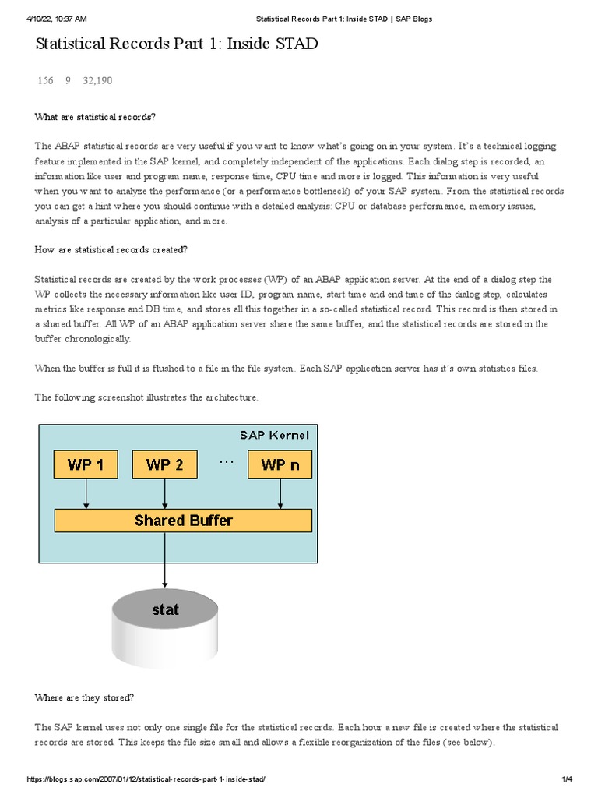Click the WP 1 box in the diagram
pyautogui.click(x=86, y=465)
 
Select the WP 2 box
pyautogui.click(x=164, y=465)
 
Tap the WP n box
pyautogui.click(x=280, y=465)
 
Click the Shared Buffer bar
pyautogui.click(x=183, y=521)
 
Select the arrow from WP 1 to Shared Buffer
pyautogui.click(x=86, y=494)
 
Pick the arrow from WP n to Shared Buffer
pyautogui.click(x=280, y=494)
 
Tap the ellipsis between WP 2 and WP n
pyautogui.click(x=227, y=461)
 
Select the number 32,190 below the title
pyautogui.click(x=98, y=80)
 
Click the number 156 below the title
pyautogui.click(x=45, y=80)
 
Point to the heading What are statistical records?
pyautogui.click(x=95, y=117)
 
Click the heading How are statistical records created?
pyautogui.click(x=111, y=250)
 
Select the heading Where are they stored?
pyautogui.click(x=84, y=697)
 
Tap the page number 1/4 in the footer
pyautogui.click(x=566, y=780)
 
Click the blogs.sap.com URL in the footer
pyautogui.click(x=151, y=780)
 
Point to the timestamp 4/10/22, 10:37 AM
pyautogui.click(x=56, y=18)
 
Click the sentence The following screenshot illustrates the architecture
pyautogui.click(x=146, y=397)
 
